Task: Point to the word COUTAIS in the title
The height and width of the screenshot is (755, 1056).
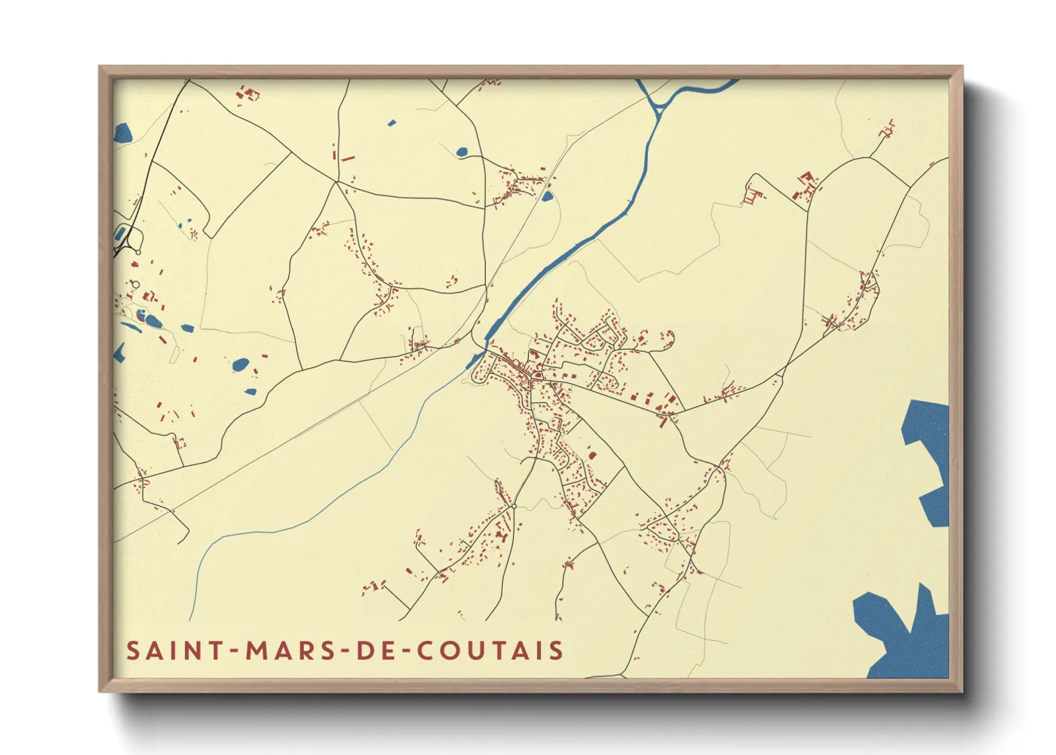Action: coord(490,651)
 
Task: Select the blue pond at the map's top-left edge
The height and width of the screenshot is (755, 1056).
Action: coord(122,133)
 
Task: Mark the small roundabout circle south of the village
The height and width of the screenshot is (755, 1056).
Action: coord(514,506)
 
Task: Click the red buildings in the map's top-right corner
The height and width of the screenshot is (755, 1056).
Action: coord(888,128)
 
